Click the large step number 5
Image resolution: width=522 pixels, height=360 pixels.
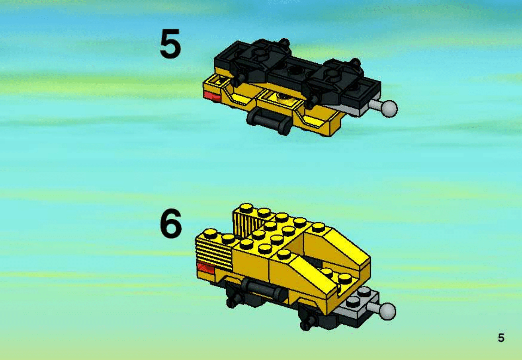[170, 44]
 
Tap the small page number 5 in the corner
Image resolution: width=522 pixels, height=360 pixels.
[501, 338]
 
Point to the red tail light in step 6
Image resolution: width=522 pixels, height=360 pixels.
[205, 268]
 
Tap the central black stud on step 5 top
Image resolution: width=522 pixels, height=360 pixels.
[296, 69]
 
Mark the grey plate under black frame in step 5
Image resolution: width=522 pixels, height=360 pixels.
[345, 109]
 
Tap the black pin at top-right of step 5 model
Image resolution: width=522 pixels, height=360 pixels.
[355, 62]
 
